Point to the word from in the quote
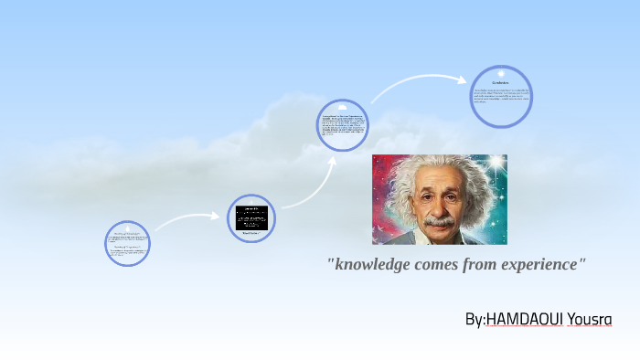(481, 265)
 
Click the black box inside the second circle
(251, 217)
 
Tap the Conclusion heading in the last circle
(500, 83)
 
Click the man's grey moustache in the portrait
(440, 220)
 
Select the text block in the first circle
(128, 244)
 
